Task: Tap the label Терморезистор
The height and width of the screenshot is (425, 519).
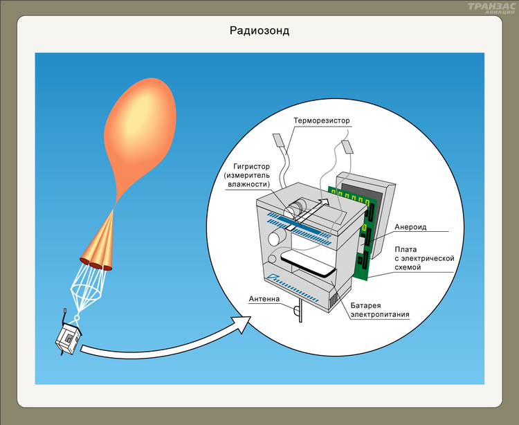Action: [322, 121]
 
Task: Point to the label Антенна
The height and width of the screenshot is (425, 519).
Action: [264, 300]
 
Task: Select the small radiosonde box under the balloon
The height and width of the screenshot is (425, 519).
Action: [69, 338]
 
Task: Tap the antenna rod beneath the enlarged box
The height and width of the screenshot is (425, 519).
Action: [299, 312]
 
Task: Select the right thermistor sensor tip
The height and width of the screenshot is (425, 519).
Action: [347, 146]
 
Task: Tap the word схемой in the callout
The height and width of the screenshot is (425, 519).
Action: [408, 267]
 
